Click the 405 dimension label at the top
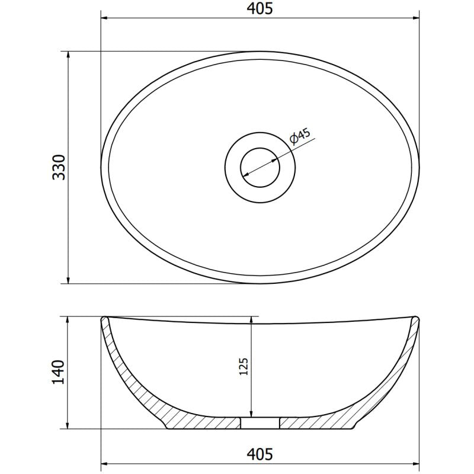click(x=260, y=8)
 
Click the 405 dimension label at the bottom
click(x=260, y=454)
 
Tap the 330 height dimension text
click(x=59, y=167)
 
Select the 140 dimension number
click(x=59, y=372)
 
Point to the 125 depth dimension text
click(x=244, y=366)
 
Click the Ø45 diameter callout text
click(x=300, y=136)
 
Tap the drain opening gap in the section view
click(x=260, y=423)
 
